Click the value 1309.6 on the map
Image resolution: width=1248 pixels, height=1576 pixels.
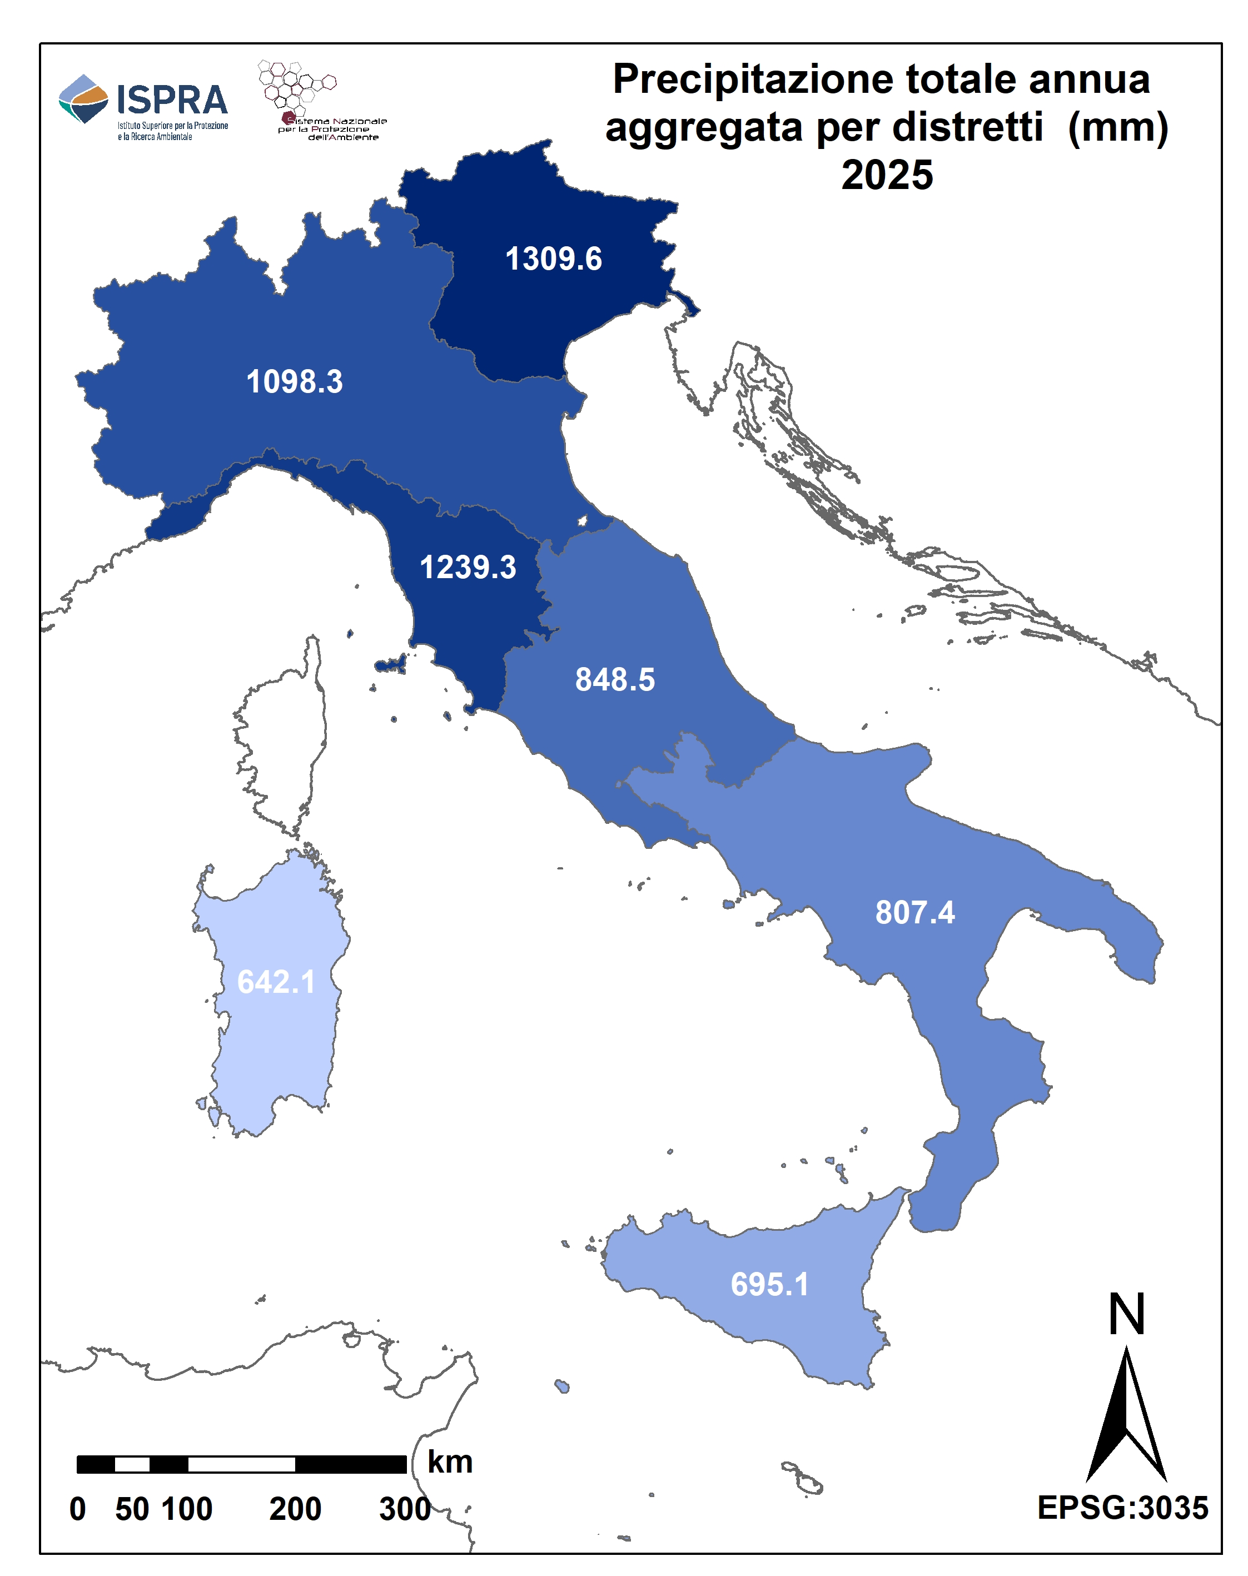pos(553,260)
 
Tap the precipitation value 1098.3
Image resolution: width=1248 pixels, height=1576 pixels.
pos(295,381)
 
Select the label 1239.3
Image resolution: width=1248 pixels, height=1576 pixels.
pos(468,568)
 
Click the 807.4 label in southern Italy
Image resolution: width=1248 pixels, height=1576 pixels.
pos(915,913)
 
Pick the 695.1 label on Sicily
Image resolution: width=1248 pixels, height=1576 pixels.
pos(769,1285)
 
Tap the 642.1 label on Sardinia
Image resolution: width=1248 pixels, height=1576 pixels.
pos(276,982)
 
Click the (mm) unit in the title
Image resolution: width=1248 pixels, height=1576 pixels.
pos(1117,127)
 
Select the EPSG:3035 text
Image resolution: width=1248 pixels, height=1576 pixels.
pos(1122,1508)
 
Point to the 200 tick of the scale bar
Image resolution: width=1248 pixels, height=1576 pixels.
pos(295,1509)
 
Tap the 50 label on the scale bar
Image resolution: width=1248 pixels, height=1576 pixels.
pos(132,1509)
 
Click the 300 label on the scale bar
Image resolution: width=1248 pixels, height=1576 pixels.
pos(404,1509)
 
